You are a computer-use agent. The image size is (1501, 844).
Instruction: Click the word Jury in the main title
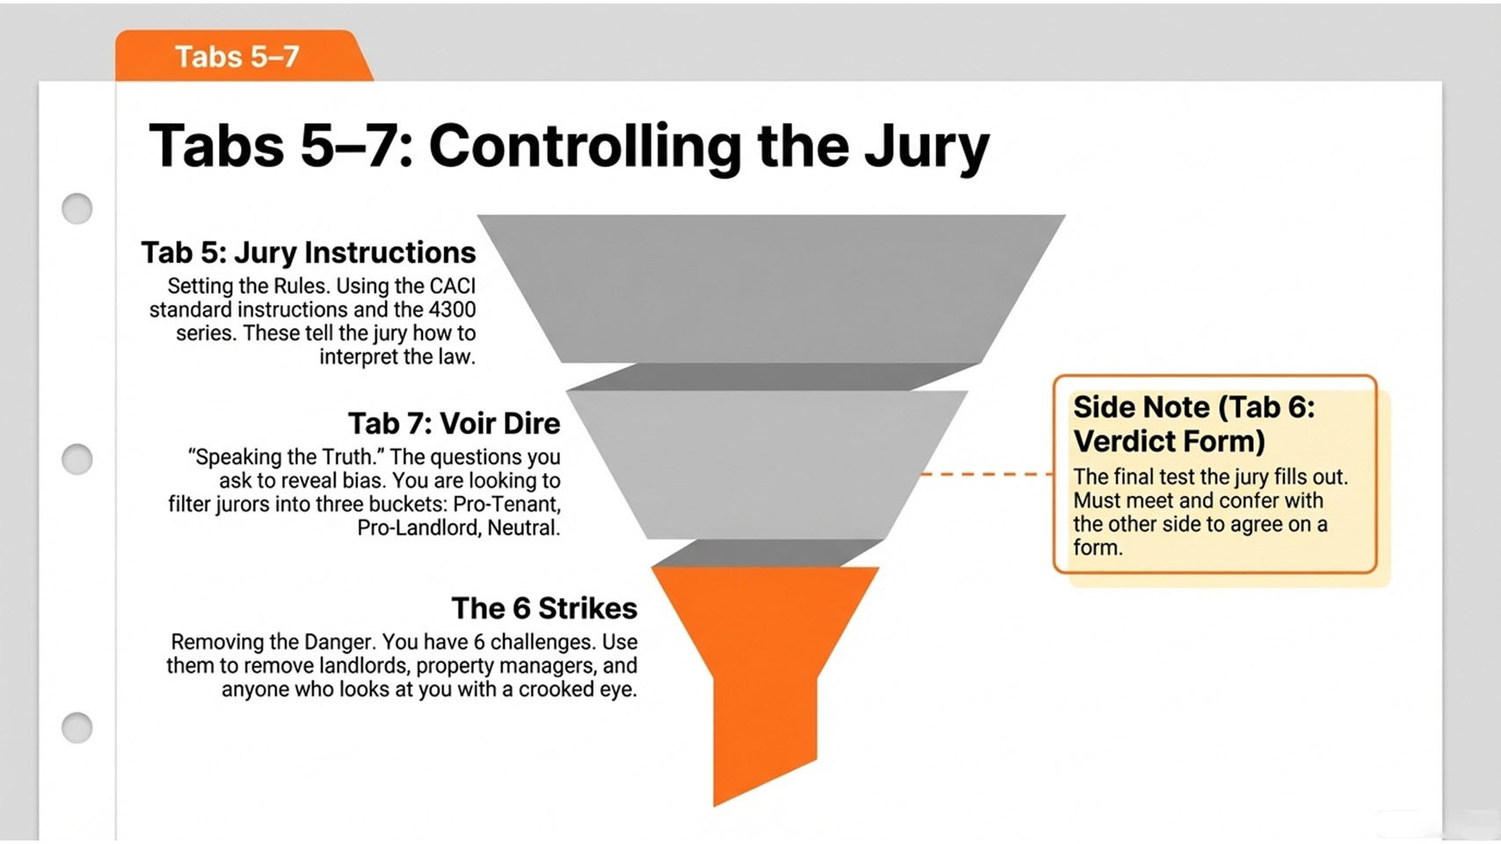pos(926,148)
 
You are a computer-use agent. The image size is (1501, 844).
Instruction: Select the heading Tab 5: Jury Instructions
pos(309,253)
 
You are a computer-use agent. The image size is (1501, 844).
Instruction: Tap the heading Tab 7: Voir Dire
pos(455,424)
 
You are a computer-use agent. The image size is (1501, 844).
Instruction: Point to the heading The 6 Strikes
pos(544,608)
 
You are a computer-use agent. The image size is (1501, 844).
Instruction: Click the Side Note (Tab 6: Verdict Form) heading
pos(1193,424)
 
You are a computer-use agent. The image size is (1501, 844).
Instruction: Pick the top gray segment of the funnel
pos(770,288)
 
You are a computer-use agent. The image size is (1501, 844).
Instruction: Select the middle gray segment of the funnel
pos(767,465)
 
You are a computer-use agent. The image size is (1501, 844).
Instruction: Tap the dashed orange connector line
pos(987,474)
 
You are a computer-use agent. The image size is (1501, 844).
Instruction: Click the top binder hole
pos(77,208)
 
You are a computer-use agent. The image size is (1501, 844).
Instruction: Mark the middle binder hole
pos(77,459)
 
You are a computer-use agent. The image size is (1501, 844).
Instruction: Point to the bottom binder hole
pos(77,727)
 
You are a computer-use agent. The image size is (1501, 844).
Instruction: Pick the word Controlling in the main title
pos(585,148)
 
